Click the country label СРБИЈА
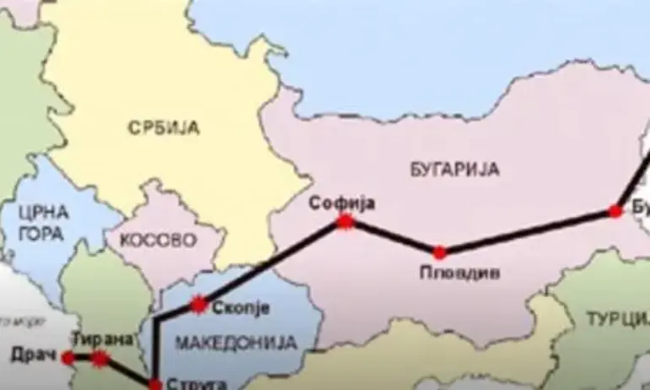pyautogui.click(x=163, y=128)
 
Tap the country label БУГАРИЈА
pyautogui.click(x=456, y=169)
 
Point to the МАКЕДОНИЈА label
pyautogui.click(x=236, y=343)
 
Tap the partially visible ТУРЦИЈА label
pyautogui.click(x=619, y=318)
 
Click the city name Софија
pyautogui.click(x=341, y=203)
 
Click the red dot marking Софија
pyautogui.click(x=344, y=222)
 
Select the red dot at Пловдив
pyautogui.click(x=439, y=252)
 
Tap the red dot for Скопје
pyautogui.click(x=199, y=305)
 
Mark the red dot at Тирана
pyautogui.click(x=100, y=359)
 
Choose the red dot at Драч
pyautogui.click(x=68, y=357)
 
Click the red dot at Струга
pyautogui.click(x=154, y=382)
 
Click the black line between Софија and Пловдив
pyautogui.click(x=392, y=237)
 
